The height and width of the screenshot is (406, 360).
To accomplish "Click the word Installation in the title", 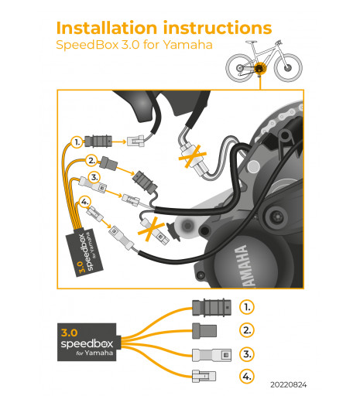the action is tap(107, 28).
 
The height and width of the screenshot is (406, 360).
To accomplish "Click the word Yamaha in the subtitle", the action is tap(188, 45).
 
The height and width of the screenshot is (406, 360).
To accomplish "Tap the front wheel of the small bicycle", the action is tap(288, 68).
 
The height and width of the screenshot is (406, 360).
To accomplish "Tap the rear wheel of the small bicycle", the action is tap(240, 68).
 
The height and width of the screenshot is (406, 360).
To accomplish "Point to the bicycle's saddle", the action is tap(251, 42).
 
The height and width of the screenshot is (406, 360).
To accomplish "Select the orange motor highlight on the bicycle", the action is tap(259, 69).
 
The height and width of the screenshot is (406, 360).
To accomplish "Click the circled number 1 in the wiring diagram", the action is tap(77, 142).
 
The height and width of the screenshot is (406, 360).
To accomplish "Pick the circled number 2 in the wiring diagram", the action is tap(91, 161).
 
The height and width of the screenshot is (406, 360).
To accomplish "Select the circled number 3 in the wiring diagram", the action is tap(94, 177).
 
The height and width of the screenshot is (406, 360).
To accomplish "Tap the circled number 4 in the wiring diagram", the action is tap(84, 201).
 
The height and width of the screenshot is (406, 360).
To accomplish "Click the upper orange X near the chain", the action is tap(193, 156).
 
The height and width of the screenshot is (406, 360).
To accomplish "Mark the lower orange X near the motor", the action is tap(151, 229).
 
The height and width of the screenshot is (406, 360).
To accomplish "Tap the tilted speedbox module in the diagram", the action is tap(84, 252).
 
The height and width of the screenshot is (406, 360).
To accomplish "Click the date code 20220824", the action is tap(289, 385).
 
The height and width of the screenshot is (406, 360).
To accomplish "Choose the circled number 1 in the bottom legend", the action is tap(247, 307).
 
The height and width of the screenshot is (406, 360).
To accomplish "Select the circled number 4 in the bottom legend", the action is tap(247, 376).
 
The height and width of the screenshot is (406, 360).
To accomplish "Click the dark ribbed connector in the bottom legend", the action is tap(211, 308).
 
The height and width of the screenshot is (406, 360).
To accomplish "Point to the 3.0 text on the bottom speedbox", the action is tap(69, 333).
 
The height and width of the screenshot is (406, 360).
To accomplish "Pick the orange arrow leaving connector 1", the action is tap(119, 142).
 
